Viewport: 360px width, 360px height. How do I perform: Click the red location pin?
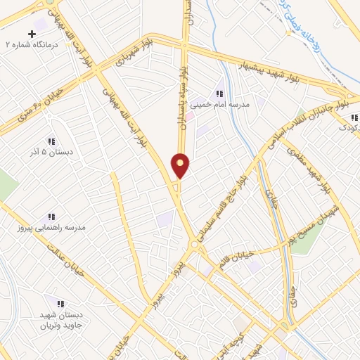181,165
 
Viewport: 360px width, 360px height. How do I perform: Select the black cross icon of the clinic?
32,34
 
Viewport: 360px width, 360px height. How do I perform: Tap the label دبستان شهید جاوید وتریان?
60,320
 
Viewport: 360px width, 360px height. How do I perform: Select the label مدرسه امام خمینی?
230,104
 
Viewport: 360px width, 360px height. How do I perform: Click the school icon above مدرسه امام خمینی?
219,93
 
